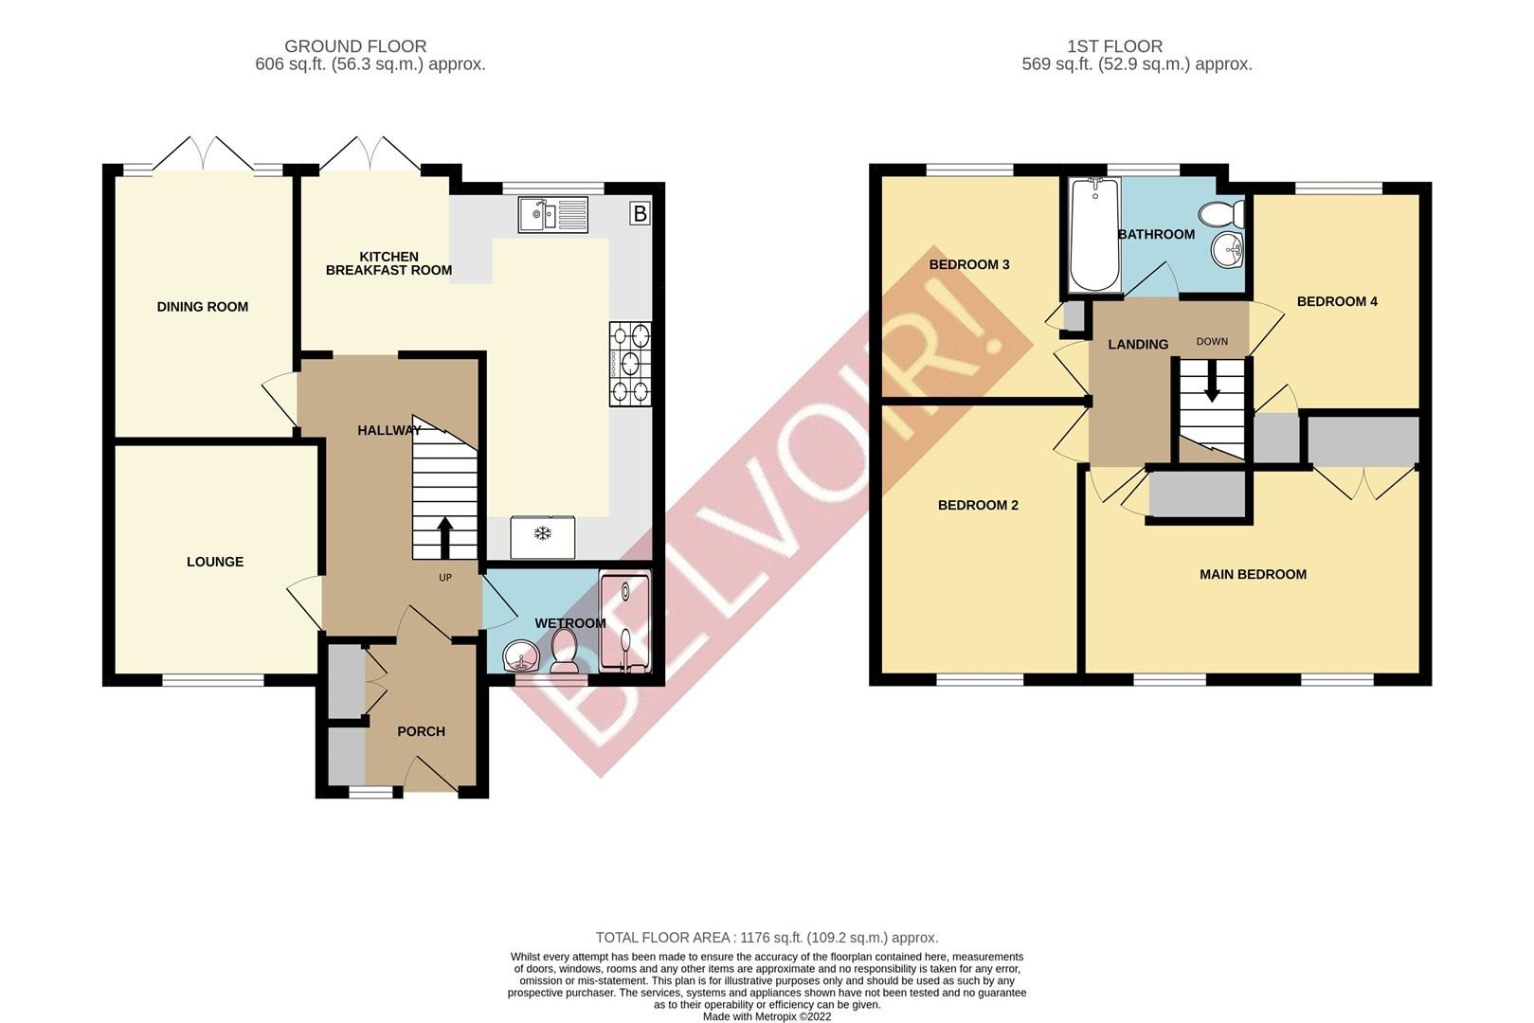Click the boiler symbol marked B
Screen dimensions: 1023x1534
[x=640, y=214]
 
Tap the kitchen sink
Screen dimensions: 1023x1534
[x=553, y=215]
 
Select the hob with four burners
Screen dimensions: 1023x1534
[x=630, y=364]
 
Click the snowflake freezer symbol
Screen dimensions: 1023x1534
[x=543, y=535]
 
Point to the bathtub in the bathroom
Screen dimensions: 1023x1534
[x=1093, y=235]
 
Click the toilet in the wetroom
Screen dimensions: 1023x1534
[x=565, y=653]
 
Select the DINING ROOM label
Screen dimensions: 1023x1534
[x=203, y=307]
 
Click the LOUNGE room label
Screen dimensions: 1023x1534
[x=215, y=562]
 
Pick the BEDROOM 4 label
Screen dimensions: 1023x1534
[x=1337, y=301]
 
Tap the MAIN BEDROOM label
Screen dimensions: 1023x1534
[x=1253, y=574]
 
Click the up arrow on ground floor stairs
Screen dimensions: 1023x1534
[x=444, y=535]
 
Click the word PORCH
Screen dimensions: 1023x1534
[x=421, y=731]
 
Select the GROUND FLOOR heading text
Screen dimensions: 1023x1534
[x=355, y=46]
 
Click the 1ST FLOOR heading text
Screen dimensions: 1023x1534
[x=1114, y=46]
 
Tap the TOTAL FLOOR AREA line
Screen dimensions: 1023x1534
[x=767, y=938]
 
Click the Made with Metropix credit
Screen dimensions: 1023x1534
[x=767, y=1016]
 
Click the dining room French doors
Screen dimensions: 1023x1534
[x=204, y=154]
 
